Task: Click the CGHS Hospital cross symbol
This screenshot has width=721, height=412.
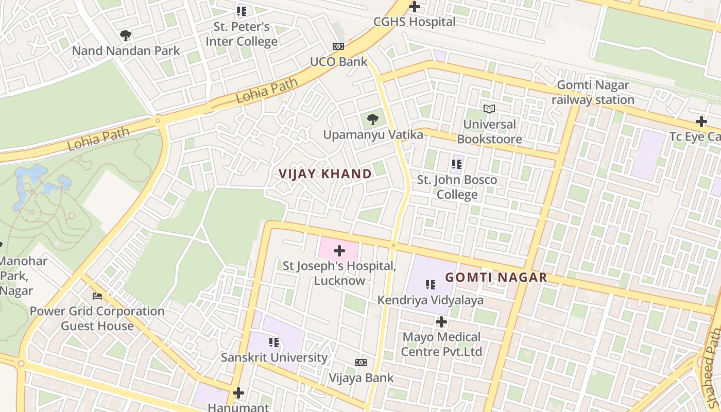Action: point(414,7)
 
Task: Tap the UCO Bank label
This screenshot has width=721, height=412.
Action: point(338,62)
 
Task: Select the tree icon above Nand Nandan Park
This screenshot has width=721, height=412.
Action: point(125,36)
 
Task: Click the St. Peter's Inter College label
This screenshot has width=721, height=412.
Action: point(242,34)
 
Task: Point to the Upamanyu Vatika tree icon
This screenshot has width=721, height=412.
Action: point(373,120)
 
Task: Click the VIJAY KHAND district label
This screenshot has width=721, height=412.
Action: point(325,174)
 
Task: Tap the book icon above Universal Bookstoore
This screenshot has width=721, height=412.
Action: point(489,109)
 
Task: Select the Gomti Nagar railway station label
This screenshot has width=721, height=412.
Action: point(593,92)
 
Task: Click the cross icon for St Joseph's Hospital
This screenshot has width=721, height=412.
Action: point(339,251)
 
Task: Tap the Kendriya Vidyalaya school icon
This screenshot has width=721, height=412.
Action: point(431,284)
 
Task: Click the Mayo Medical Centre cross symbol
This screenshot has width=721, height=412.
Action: point(441,322)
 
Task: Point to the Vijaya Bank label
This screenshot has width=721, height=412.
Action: point(361,377)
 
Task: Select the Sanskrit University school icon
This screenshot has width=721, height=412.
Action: point(273,342)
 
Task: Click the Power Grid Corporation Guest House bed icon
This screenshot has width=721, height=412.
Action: point(97,296)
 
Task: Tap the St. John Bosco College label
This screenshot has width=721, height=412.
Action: point(457,187)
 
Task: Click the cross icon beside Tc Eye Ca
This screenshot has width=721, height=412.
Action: point(701,122)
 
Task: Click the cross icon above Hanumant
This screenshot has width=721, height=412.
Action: point(238,393)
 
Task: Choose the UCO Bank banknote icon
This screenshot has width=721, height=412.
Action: point(338,46)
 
